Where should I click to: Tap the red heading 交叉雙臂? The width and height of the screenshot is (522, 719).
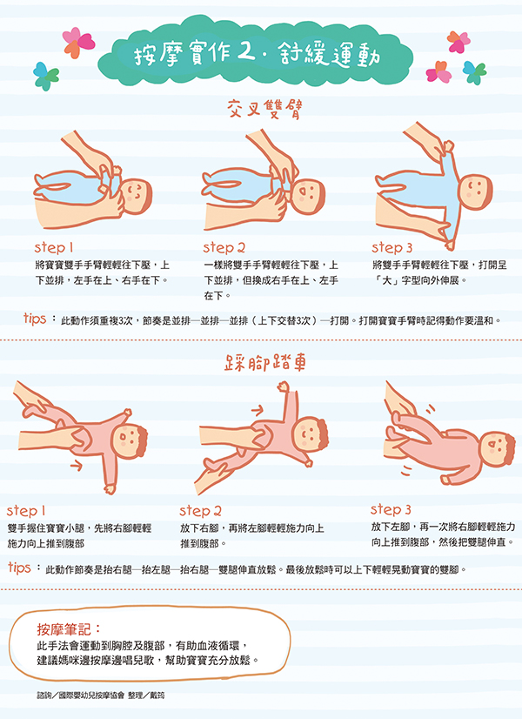coord(264,109)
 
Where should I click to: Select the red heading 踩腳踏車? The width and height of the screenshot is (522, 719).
coord(264,363)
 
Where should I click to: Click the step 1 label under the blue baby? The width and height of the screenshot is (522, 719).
coord(54,248)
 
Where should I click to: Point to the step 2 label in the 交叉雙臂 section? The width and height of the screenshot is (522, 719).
coord(224,248)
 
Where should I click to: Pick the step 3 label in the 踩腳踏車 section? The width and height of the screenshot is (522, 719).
coord(391,509)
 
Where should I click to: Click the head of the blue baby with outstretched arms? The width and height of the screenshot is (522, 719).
coord(476,192)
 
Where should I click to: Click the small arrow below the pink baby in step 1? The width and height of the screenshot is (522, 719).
coord(76,466)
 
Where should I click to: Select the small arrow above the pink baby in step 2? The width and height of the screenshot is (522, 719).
coord(258,410)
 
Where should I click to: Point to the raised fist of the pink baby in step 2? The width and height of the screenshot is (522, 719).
coord(284,387)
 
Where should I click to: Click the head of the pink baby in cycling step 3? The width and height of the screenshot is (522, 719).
coord(498,448)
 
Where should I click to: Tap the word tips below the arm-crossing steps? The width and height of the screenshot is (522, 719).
coord(35,319)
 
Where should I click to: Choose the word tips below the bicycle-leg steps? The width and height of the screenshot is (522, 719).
coord(19,568)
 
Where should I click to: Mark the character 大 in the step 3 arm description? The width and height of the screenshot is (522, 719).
coord(387,280)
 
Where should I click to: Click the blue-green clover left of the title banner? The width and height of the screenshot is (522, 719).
coord(46,76)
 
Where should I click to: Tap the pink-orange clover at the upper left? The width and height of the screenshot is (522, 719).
coord(78,42)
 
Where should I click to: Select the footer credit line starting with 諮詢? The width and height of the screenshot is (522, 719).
coord(100,695)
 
